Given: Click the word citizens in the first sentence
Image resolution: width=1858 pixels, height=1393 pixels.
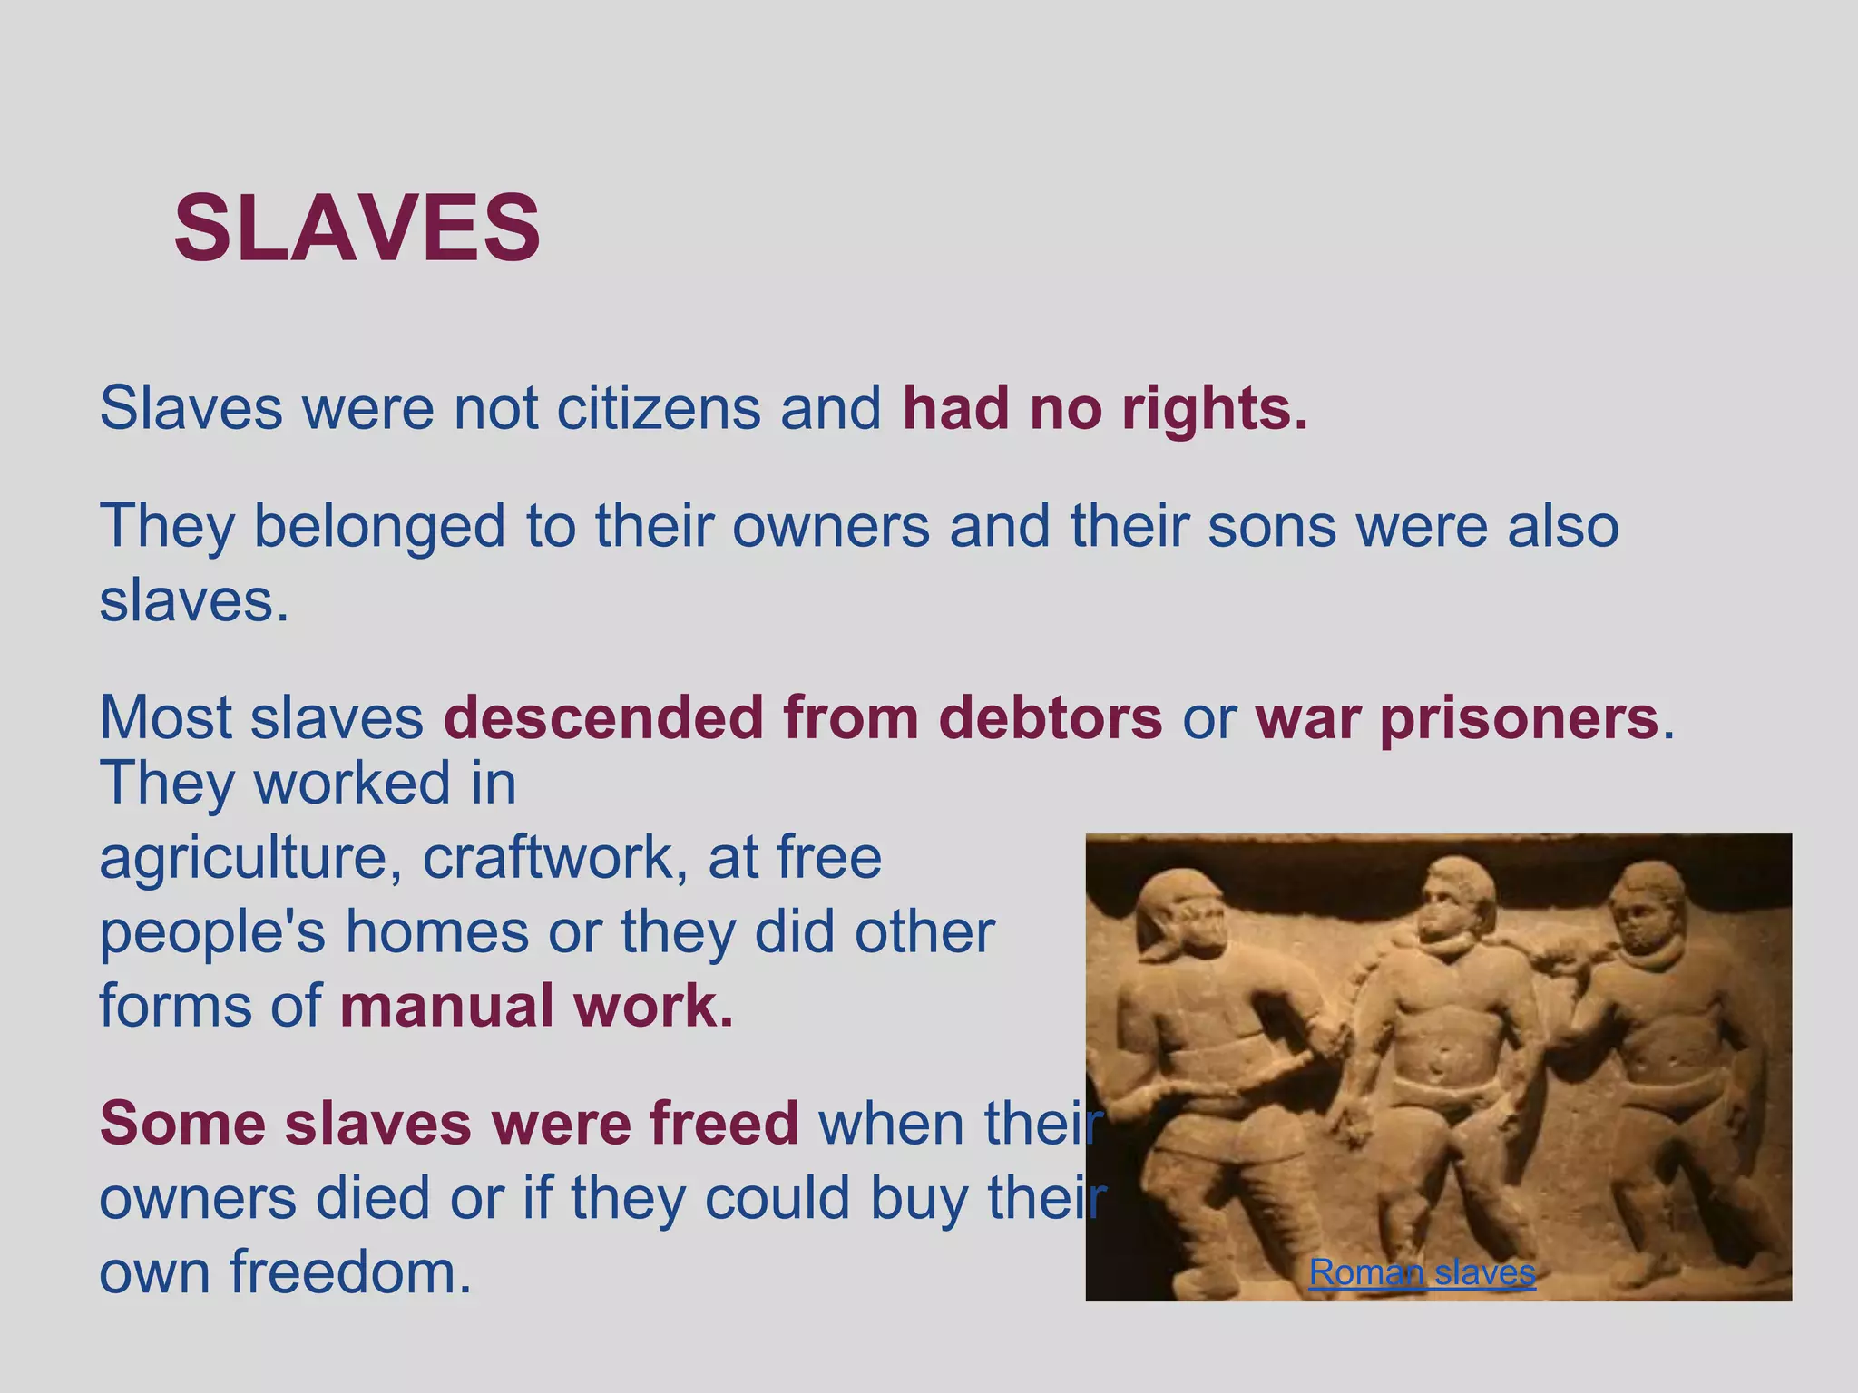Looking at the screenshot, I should click(658, 408).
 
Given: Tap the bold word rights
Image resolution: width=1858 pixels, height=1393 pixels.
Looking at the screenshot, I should click(1214, 410).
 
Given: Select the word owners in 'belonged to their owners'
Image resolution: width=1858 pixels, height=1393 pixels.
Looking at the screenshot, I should click(830, 526).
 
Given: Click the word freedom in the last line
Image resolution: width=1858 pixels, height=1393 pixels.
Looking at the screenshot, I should click(350, 1272).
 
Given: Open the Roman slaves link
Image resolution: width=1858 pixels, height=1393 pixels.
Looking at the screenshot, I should click(1422, 1273).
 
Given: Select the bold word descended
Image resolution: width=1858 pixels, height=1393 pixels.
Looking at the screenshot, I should click(603, 718).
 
